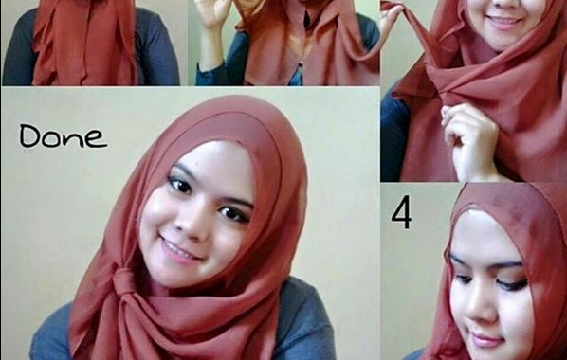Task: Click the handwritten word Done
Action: click(x=64, y=136)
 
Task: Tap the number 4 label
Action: click(x=401, y=212)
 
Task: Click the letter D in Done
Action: click(x=29, y=135)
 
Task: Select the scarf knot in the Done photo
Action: click(x=124, y=281)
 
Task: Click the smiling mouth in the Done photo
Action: click(x=178, y=250)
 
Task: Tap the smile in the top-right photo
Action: click(x=504, y=23)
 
